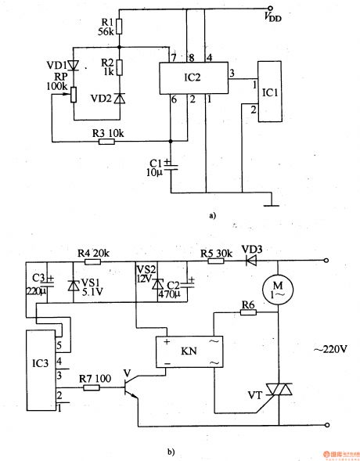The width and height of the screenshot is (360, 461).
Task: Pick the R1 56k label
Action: tap(106, 27)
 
